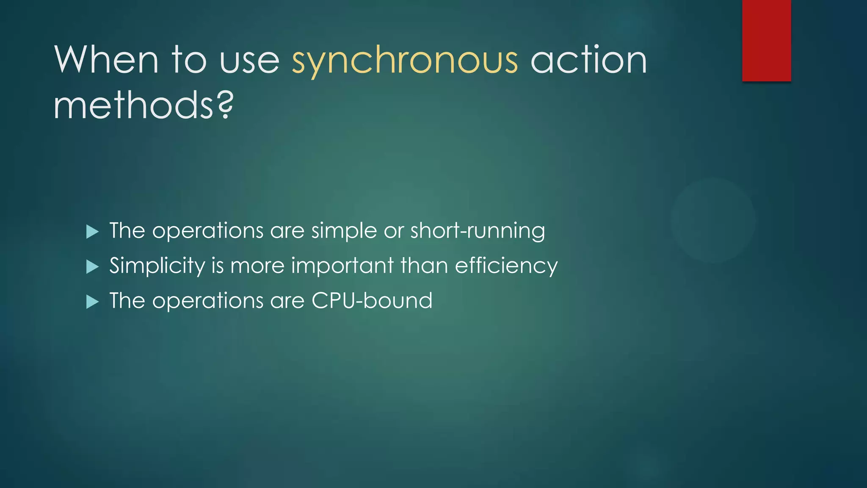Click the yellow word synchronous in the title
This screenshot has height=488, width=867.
pyautogui.click(x=404, y=60)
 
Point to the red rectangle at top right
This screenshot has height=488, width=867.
pyautogui.click(x=766, y=40)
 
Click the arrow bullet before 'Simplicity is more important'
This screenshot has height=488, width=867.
pyautogui.click(x=92, y=267)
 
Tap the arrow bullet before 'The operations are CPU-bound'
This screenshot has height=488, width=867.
pyautogui.click(x=92, y=302)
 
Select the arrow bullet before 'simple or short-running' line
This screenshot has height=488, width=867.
pyautogui.click(x=92, y=232)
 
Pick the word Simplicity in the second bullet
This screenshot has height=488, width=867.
pyautogui.click(x=157, y=266)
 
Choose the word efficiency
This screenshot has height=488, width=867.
pyautogui.click(x=506, y=266)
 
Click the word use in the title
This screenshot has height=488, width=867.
pyautogui.click(x=249, y=60)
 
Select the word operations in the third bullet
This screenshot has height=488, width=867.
pyautogui.click(x=207, y=301)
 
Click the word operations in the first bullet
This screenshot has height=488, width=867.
pyautogui.click(x=207, y=231)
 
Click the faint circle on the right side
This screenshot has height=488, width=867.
pyautogui.click(x=713, y=220)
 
